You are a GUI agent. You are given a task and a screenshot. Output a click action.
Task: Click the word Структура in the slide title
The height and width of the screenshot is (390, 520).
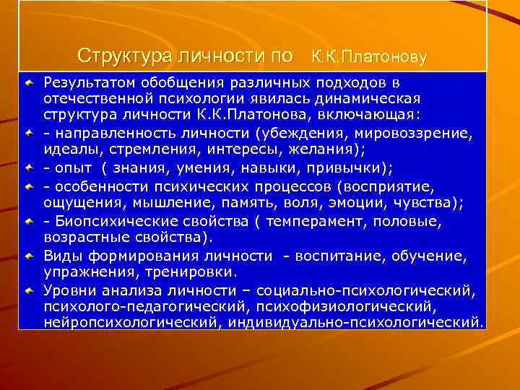[x=113, y=55]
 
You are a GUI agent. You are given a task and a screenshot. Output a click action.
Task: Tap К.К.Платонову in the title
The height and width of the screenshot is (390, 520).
[x=370, y=56]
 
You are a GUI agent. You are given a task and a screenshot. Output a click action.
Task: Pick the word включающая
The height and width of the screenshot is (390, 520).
[x=380, y=114]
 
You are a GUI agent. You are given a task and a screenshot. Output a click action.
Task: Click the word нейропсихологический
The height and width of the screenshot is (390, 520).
[x=130, y=321]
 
